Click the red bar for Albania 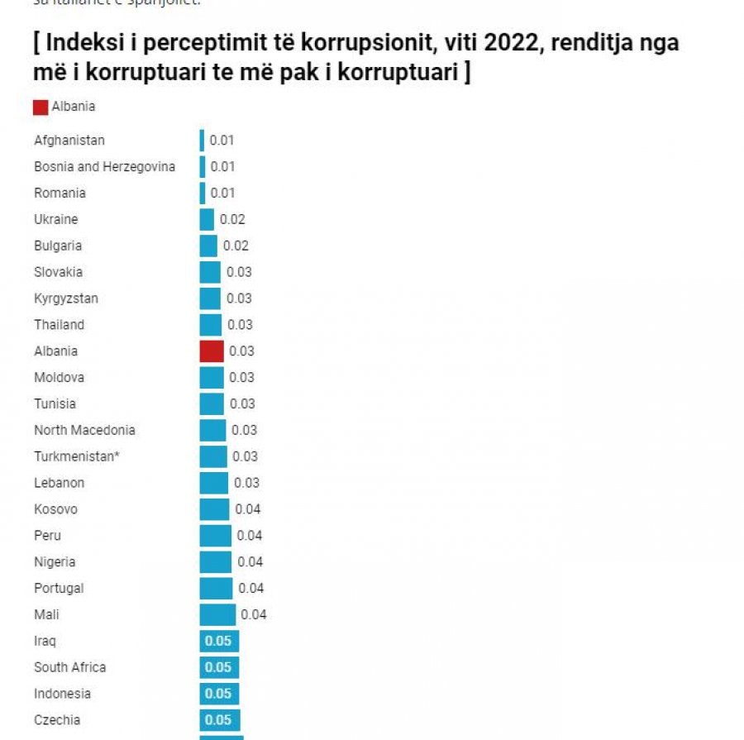tap(212, 351)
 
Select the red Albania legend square tap(41, 107)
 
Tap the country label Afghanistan tap(69, 141)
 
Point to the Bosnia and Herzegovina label tap(104, 167)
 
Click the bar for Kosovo tap(214, 509)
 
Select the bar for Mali tap(217, 614)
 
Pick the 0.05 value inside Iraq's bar tap(218, 641)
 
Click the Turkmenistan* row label tap(76, 456)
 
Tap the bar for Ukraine tap(207, 220)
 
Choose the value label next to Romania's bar tap(222, 193)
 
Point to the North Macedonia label tap(84, 430)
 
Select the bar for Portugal tap(216, 588)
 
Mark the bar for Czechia tap(220, 720)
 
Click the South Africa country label tap(69, 667)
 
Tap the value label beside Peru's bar tap(250, 536)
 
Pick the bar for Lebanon tap(213, 483)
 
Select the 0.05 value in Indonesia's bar tap(218, 694)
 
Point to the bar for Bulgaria tap(208, 246)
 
